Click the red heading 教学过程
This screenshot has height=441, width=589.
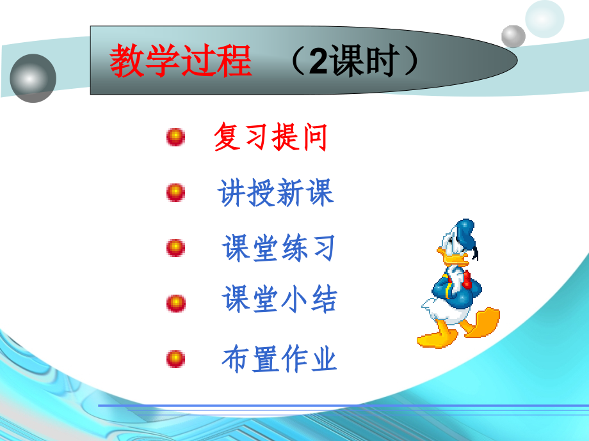(181, 61)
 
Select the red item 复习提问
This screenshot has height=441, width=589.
(270, 137)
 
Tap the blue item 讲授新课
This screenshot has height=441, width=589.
(276, 192)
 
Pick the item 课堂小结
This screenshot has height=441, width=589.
(280, 300)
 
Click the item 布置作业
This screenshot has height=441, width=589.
(279, 359)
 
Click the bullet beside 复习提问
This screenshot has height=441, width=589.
(175, 137)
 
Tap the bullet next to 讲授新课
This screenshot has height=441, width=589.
(175, 192)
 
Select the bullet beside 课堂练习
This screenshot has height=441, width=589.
(175, 247)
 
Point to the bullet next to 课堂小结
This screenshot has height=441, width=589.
(175, 302)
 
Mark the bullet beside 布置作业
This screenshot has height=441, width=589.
(175, 358)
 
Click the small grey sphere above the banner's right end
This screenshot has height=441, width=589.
(513, 36)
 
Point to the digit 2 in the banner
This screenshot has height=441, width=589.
(318, 62)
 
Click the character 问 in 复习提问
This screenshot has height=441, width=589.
(314, 137)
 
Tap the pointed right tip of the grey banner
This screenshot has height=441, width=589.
(515, 61)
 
